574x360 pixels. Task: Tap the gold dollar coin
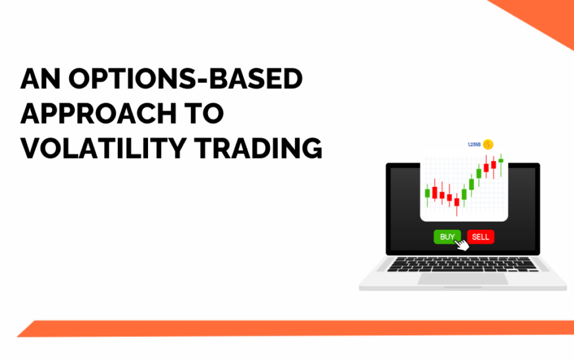point(488,145)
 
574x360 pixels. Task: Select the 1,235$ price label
point(474,145)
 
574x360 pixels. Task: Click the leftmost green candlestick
point(428,193)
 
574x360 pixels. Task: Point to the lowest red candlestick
point(457,203)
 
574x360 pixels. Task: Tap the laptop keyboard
point(462,265)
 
